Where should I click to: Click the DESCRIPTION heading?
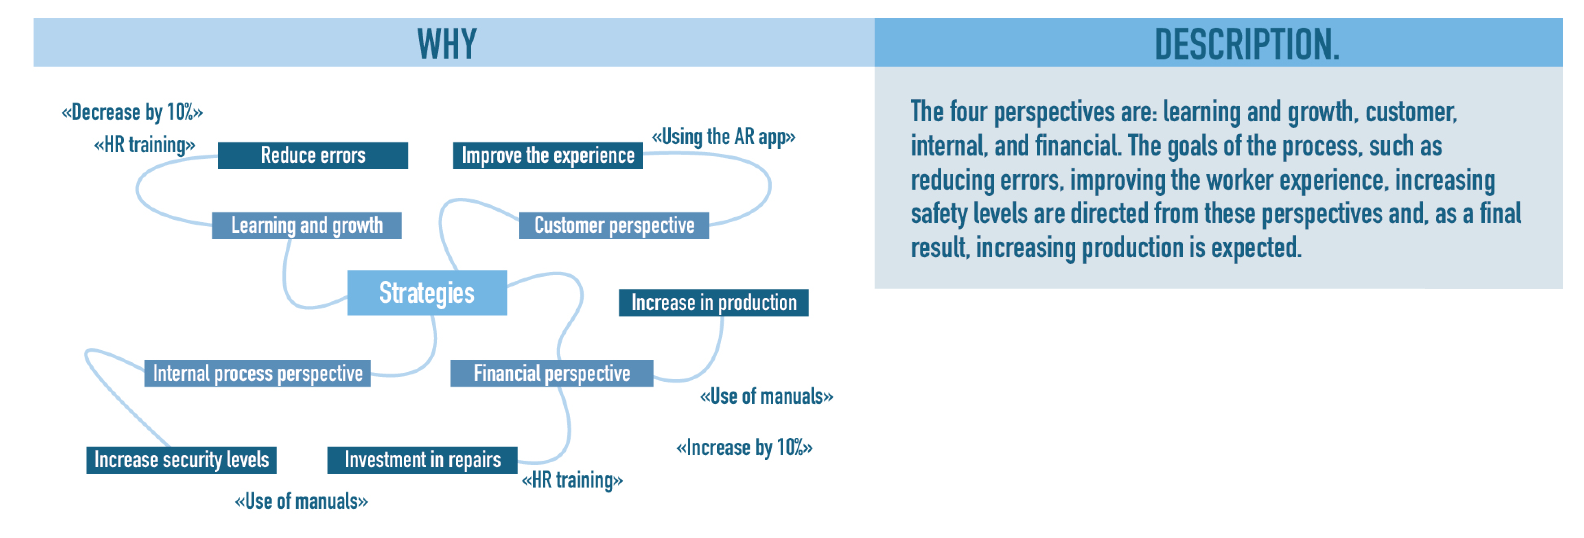(1247, 44)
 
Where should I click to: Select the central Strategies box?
(427, 293)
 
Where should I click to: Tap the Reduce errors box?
(313, 155)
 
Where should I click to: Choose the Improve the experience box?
(548, 155)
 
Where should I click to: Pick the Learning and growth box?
(307, 225)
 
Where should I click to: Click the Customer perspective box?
(614, 225)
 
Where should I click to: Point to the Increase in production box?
(713, 302)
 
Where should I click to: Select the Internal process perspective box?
(258, 373)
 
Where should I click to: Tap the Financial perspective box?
(551, 373)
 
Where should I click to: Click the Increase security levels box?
(182, 460)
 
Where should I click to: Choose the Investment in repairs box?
(422, 460)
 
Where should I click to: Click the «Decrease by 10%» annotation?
(132, 112)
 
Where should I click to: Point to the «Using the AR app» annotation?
(724, 136)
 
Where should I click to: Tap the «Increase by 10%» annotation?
(745, 448)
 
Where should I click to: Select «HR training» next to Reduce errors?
(144, 145)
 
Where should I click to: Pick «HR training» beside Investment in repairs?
(572, 480)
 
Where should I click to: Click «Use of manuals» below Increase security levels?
(301, 501)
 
